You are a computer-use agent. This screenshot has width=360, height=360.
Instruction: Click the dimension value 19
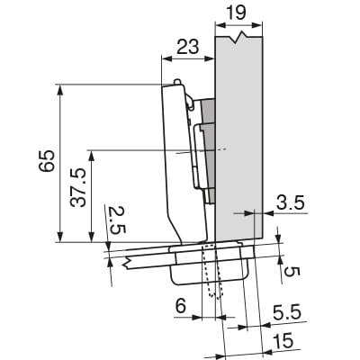pos(236,13)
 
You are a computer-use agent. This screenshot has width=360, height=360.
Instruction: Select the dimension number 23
pos(188,47)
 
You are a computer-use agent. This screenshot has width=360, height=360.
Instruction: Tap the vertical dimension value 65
pos(47,160)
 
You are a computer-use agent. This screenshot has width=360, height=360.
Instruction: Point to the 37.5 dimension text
pos(78,188)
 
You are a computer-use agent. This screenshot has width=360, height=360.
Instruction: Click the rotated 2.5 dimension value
pos(117,220)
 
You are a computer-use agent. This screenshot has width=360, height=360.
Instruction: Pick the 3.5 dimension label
pos(290,202)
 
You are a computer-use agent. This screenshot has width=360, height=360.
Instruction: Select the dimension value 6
pos(181,306)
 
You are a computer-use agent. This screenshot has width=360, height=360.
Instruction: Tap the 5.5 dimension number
pos(287,313)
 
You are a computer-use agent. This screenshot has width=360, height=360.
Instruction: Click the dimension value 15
pos(283,341)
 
